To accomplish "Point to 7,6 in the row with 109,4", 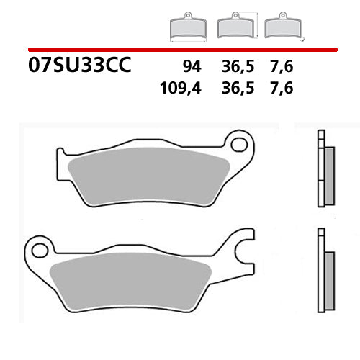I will click(x=283, y=89).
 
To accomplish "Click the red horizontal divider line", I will click(x=180, y=49).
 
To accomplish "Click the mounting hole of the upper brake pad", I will click(x=237, y=144).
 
